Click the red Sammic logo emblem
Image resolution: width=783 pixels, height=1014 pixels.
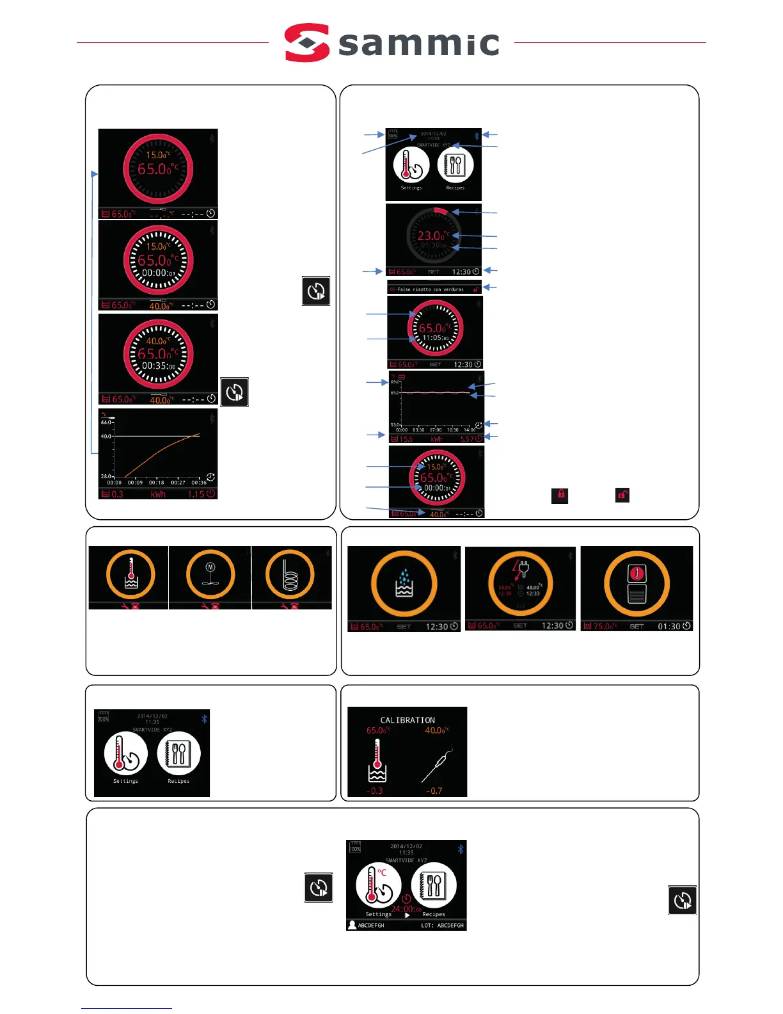click(x=307, y=43)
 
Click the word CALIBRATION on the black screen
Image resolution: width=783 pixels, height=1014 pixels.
click(x=407, y=720)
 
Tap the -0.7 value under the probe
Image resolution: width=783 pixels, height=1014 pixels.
click(x=434, y=791)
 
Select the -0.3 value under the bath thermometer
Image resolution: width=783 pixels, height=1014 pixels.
click(x=375, y=791)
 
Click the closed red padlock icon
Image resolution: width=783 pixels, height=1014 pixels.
click(x=560, y=495)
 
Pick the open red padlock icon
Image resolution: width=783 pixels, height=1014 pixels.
click(x=622, y=495)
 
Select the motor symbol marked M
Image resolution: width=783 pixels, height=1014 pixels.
click(x=210, y=568)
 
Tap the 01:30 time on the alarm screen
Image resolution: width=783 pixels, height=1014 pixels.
click(x=669, y=626)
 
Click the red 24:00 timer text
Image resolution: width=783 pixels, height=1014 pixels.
click(x=405, y=908)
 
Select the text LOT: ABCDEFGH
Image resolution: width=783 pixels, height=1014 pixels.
click(x=442, y=926)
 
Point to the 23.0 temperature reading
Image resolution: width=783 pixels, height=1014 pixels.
click(x=431, y=236)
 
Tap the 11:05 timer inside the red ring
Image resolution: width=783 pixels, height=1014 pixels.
click(x=434, y=338)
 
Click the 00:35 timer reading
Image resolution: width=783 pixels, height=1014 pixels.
click(x=158, y=366)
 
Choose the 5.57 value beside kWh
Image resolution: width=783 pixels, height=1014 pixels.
click(x=467, y=439)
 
